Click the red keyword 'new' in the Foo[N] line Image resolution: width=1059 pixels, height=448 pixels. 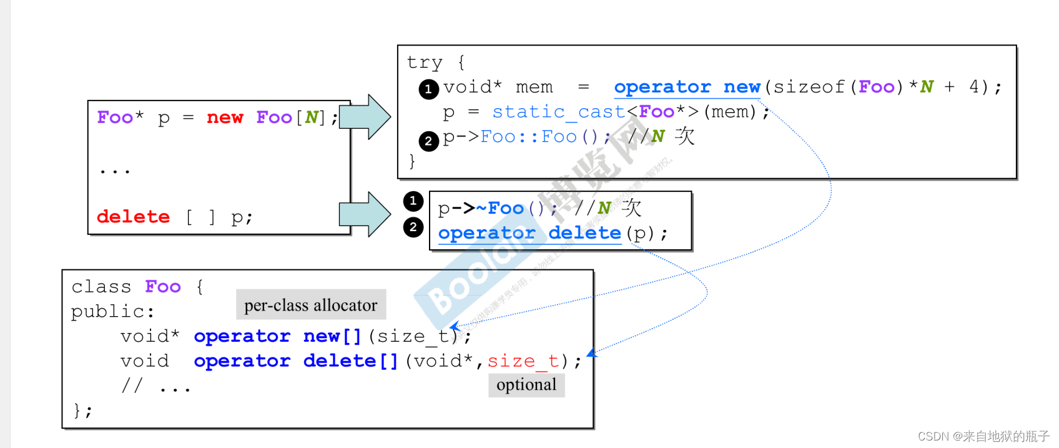(225, 117)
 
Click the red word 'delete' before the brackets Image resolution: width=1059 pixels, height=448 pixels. (133, 217)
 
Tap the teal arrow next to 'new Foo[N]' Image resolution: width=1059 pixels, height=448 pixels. (365, 117)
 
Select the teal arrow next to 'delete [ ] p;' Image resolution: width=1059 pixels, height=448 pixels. (365, 214)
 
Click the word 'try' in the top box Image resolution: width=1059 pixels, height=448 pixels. (425, 62)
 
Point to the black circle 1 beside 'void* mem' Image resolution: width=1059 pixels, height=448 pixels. (428, 89)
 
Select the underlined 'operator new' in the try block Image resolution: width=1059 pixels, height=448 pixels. (687, 87)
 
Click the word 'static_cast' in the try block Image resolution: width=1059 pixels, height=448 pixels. (559, 112)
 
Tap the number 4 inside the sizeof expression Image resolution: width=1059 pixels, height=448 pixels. (974, 87)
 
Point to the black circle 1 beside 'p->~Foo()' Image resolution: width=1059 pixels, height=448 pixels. (413, 201)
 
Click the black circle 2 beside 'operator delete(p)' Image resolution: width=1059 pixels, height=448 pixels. (413, 227)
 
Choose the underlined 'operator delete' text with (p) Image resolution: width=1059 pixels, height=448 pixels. (529, 233)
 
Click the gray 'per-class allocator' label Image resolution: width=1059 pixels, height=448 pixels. (311, 305)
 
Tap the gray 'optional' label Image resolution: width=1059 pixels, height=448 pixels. (526, 385)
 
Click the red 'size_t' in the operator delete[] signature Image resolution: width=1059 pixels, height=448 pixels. (523, 361)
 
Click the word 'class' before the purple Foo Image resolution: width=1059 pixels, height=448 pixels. (101, 287)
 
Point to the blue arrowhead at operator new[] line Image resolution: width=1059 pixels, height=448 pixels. (455, 326)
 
